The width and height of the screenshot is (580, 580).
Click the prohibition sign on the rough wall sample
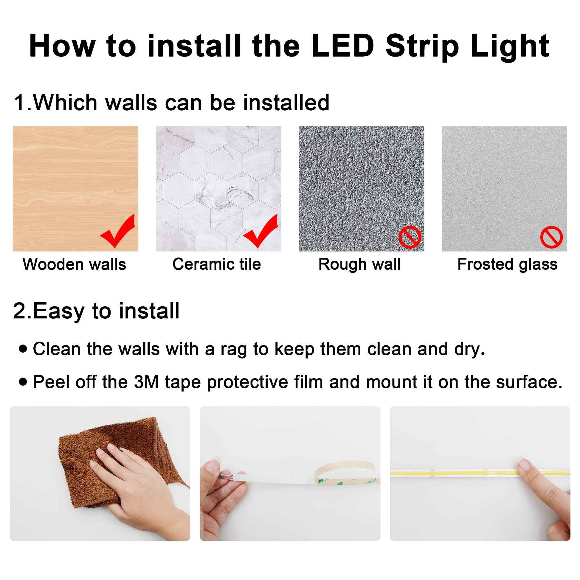(410, 237)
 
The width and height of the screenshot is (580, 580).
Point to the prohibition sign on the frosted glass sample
(551, 237)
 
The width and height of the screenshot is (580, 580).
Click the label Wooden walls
(75, 264)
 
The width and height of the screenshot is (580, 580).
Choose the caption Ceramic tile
(217, 264)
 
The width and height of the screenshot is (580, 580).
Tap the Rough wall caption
(359, 264)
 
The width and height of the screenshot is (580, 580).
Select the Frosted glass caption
(507, 264)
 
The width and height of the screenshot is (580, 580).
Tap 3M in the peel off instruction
(146, 382)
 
